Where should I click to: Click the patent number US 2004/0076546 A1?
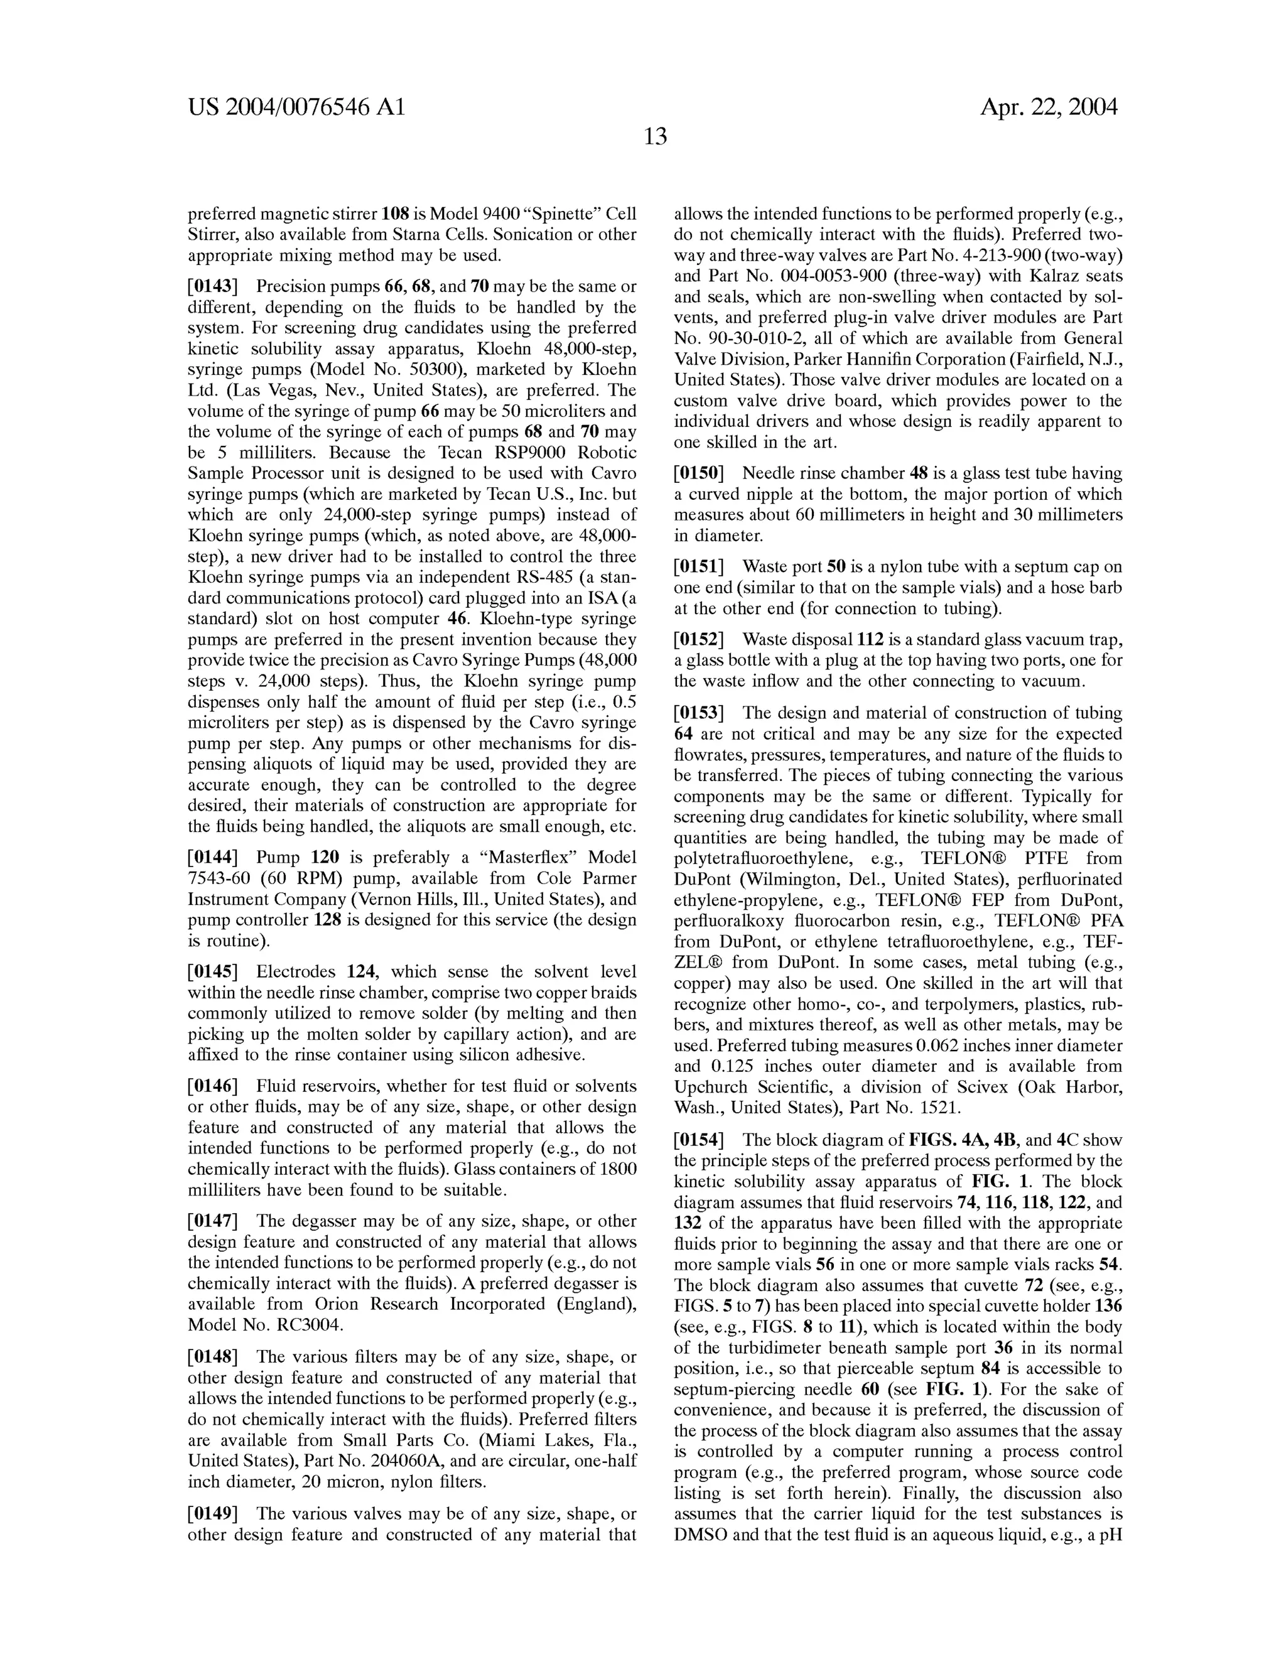tap(296, 107)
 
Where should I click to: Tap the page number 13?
tap(655, 137)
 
